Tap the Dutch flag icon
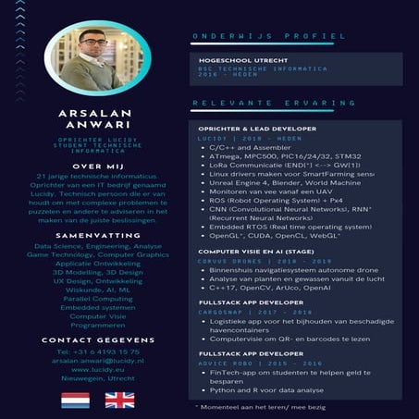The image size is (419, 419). tap(74, 400)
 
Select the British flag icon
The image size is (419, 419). tap(119, 400)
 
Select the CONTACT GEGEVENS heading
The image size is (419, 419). tap(98, 339)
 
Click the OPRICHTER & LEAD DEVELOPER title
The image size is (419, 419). tap(257, 129)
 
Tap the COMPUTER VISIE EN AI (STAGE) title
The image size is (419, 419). tap(254, 251)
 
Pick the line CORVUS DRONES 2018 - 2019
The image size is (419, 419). tap(243, 261)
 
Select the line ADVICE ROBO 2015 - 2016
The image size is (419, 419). tap(243, 364)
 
